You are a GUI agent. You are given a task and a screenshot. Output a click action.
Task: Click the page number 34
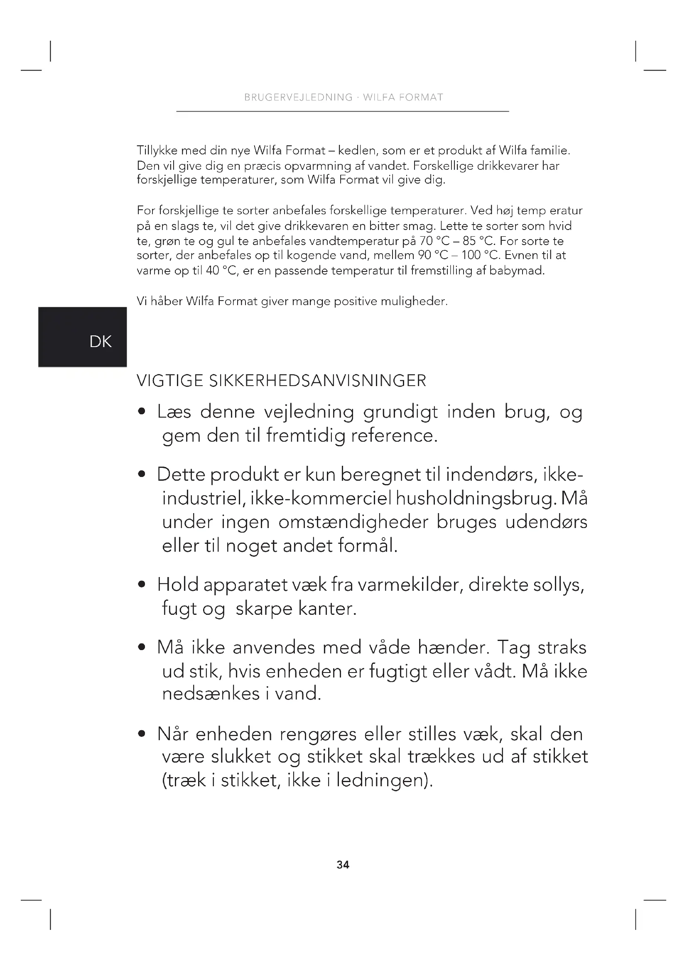click(x=343, y=865)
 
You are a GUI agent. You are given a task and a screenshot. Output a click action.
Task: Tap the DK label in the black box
click(x=100, y=342)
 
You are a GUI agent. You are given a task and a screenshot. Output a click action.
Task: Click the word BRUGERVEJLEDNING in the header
click(x=298, y=98)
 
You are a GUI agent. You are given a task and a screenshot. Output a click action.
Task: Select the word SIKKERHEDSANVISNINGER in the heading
click(x=318, y=381)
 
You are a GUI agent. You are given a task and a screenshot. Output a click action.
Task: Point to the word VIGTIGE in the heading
click(x=170, y=381)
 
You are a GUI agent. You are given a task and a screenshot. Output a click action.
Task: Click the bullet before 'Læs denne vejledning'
click(x=142, y=411)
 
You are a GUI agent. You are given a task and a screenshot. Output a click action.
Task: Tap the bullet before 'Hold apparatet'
click(x=142, y=585)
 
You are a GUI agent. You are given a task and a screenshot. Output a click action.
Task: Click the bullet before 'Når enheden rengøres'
click(x=142, y=734)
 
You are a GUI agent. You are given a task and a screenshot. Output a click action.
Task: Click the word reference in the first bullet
click(x=394, y=435)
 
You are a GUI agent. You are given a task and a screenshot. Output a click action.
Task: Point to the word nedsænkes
click(x=210, y=693)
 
